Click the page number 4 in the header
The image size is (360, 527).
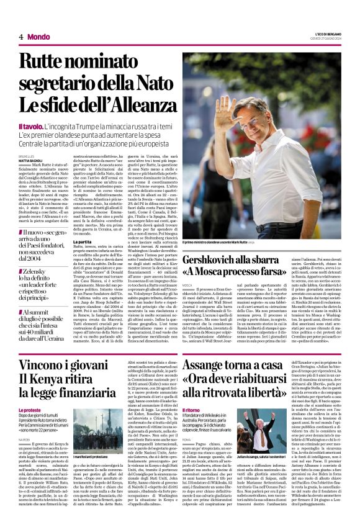point(20,37)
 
